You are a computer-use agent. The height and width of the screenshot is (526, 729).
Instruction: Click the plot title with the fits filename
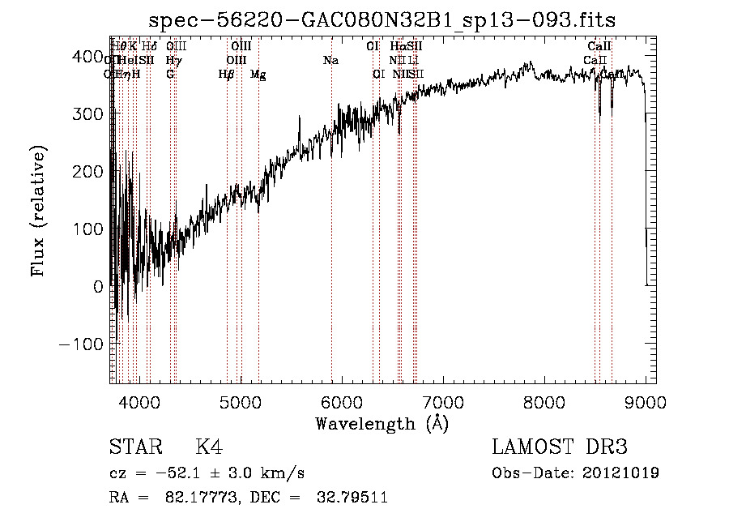point(388,20)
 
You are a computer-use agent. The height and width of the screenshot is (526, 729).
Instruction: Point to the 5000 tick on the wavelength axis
point(240,401)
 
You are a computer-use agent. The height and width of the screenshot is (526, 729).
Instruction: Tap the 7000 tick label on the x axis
point(442,401)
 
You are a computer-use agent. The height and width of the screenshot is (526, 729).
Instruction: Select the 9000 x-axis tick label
point(646,401)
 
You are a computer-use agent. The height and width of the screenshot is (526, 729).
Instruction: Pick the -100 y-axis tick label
point(79,344)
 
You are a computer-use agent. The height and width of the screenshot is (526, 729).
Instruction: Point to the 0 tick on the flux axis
point(97,286)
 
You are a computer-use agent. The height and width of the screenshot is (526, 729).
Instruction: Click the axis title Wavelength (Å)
point(382,423)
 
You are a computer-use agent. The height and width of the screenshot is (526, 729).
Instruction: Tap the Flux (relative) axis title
point(39,211)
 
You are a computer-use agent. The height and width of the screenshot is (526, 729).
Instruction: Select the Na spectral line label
point(330,60)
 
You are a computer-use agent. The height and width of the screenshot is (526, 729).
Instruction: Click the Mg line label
point(258,75)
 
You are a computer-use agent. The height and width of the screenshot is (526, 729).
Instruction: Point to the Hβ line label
point(227,75)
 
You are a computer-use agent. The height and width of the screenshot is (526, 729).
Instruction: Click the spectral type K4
point(209,447)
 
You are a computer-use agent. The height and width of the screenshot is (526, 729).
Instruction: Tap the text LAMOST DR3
point(560,447)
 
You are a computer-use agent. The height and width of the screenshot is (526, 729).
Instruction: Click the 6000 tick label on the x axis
point(341,401)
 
